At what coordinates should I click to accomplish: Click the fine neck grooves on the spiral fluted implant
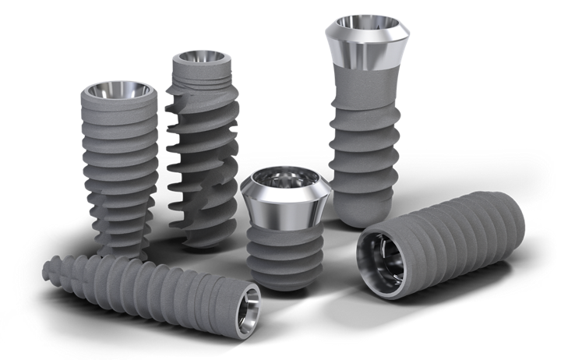(201, 76)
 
